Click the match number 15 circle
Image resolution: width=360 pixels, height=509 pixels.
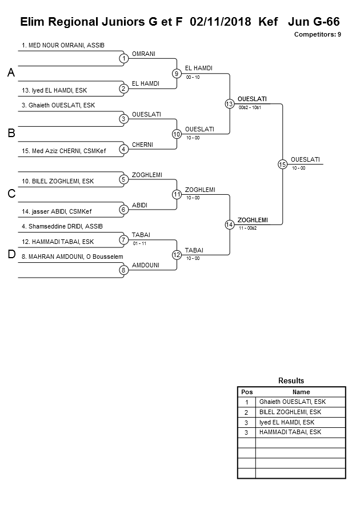pyautogui.click(x=282, y=164)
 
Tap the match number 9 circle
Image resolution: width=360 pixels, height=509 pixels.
pyautogui.click(x=177, y=73)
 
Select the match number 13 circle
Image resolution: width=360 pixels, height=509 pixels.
pyautogui.click(x=229, y=104)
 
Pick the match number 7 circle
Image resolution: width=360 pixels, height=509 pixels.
pyautogui.click(x=123, y=240)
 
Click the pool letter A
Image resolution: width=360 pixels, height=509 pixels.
pyautogui.click(x=11, y=73)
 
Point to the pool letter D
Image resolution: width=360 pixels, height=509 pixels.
pyautogui.click(x=11, y=255)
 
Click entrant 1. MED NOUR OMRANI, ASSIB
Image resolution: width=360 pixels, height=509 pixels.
pyautogui.click(x=63, y=45)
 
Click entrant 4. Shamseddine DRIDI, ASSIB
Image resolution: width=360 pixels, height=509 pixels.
pyautogui.click(x=62, y=226)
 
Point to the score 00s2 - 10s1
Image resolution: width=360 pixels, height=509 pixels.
pyautogui.click(x=250, y=107)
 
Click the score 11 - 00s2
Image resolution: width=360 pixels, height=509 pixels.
pyautogui.click(x=248, y=228)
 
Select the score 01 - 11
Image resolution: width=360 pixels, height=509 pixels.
pyautogui.click(x=139, y=243)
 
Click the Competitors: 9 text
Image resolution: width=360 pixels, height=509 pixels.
pyautogui.click(x=318, y=34)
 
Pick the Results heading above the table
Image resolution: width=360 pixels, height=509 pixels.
pyautogui.click(x=291, y=381)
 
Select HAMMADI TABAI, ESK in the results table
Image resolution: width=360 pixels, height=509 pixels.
pyautogui.click(x=290, y=432)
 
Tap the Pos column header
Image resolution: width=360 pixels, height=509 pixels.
pyautogui.click(x=247, y=392)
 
